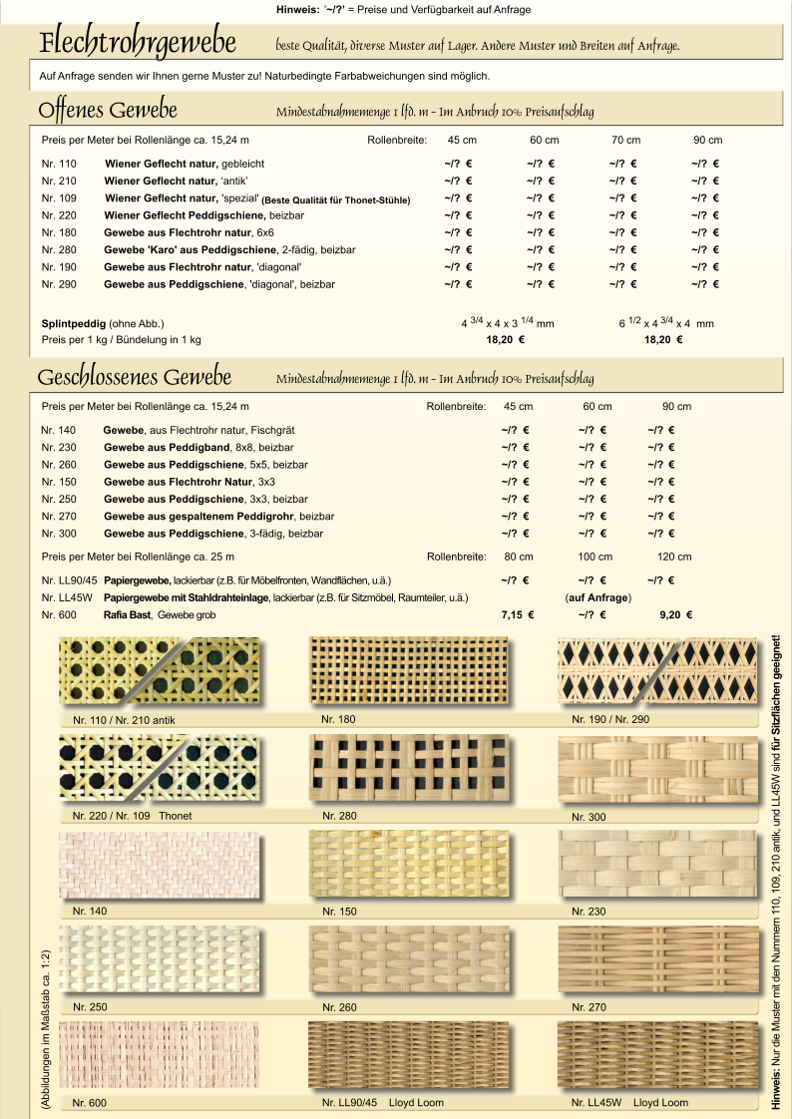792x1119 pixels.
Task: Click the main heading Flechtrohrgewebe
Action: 138,45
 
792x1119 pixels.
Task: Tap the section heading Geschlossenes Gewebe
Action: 135,378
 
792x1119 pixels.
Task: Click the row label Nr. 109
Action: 59,198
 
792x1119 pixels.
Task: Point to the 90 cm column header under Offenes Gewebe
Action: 708,140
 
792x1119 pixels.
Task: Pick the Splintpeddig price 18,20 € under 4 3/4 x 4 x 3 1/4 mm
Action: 506,340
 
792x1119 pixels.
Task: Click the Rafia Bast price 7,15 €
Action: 517,614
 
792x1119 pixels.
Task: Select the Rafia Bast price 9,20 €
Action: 676,614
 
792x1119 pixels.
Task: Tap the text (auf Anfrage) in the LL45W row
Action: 597,597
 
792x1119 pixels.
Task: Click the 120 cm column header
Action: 674,557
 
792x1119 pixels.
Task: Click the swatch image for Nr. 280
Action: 409,768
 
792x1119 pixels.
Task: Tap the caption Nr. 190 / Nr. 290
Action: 610,719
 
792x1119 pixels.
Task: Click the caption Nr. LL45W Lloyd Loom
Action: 629,1103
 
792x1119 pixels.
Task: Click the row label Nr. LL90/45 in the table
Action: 69,580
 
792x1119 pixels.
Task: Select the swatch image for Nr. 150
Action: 409,866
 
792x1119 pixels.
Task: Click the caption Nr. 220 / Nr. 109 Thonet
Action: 132,816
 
